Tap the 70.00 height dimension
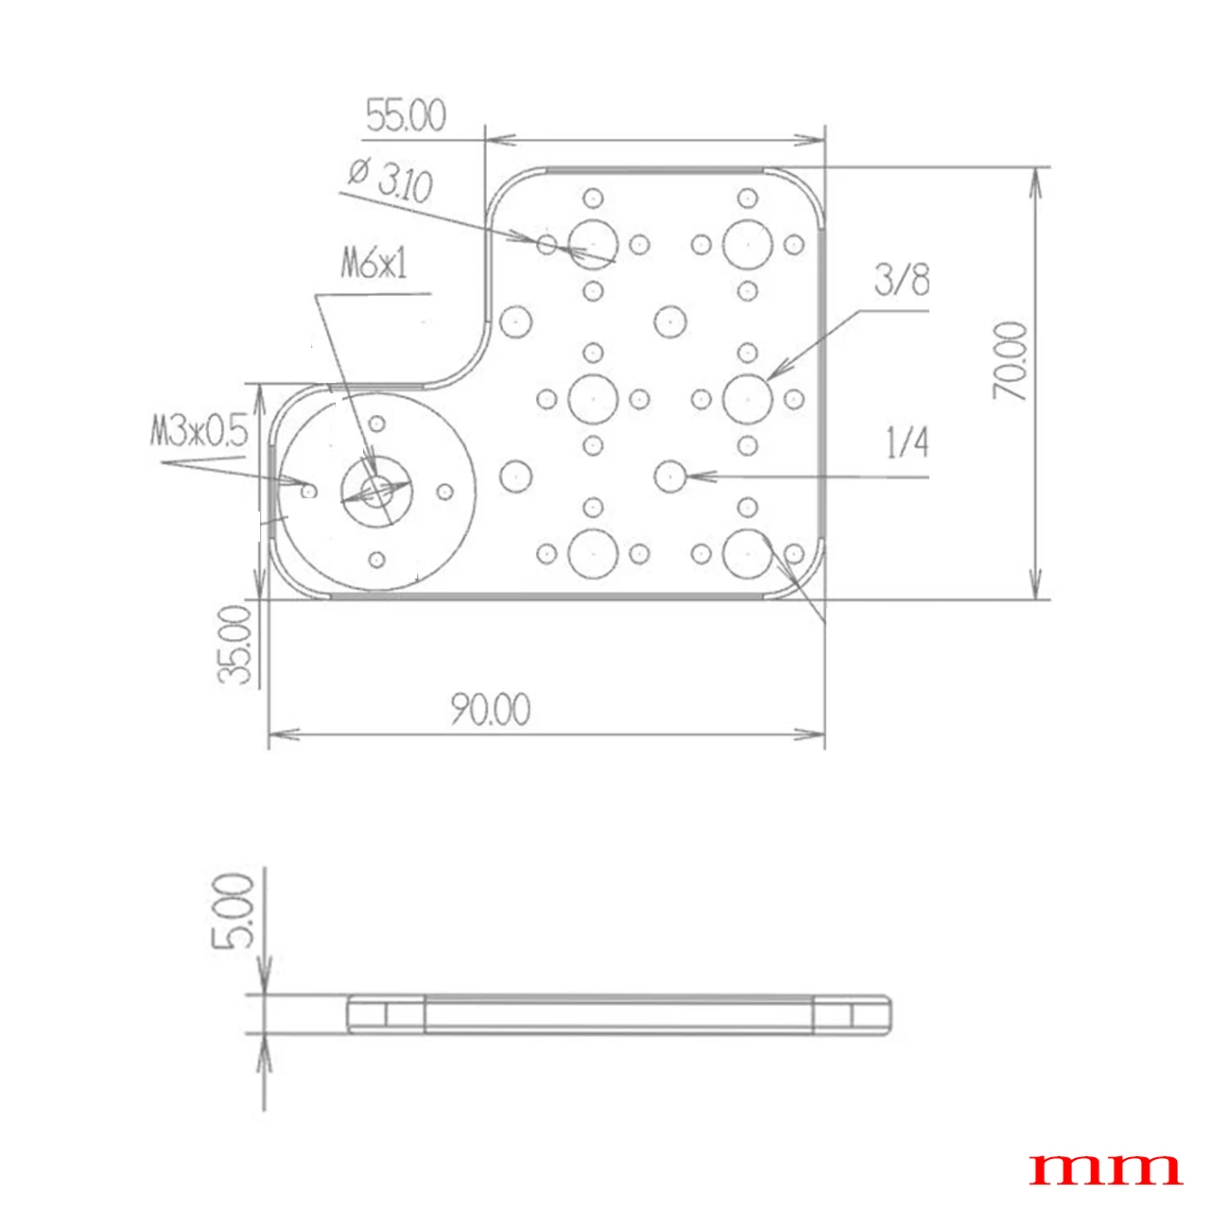[x=1010, y=361]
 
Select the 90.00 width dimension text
[x=491, y=710]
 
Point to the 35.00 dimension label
[x=234, y=645]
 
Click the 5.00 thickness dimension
[x=234, y=911]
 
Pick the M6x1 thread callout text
[x=373, y=264]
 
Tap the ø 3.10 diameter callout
[x=390, y=181]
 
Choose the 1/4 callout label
[x=908, y=442]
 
